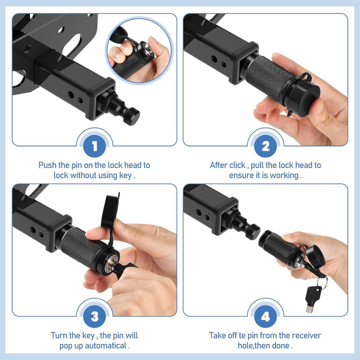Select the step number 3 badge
94,316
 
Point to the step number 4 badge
265,316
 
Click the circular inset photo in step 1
138,50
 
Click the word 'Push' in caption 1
48,165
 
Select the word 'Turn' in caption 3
59,335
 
